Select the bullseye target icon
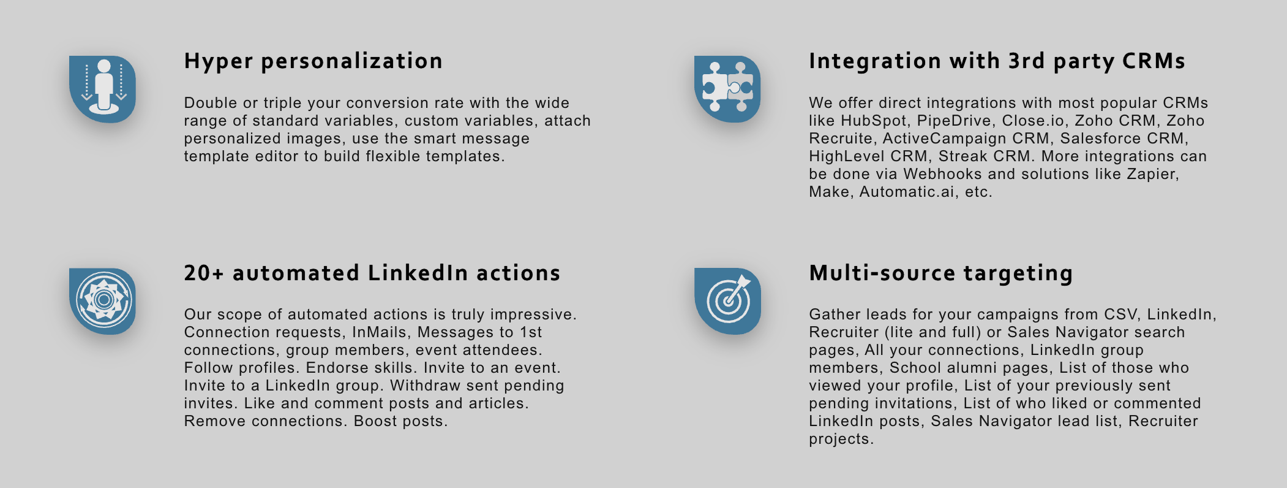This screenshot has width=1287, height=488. (727, 301)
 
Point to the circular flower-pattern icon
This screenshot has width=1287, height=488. (103, 301)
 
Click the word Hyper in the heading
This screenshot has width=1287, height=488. (219, 62)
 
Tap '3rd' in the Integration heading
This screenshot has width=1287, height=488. (1027, 61)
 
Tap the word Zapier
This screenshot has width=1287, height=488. (1153, 175)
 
